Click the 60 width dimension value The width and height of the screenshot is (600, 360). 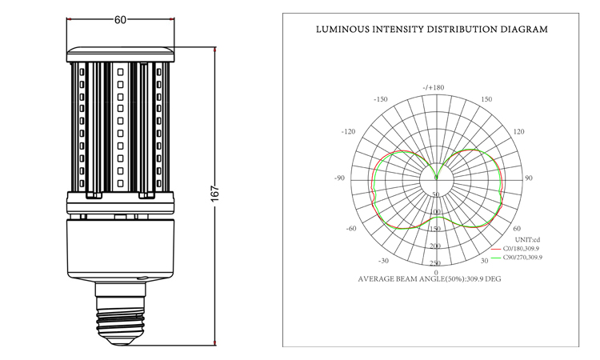click(x=120, y=19)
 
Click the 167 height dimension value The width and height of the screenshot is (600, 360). click(x=214, y=194)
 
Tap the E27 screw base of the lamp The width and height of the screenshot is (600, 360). click(x=121, y=314)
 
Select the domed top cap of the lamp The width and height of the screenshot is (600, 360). click(x=121, y=54)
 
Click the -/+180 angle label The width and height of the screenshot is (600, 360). click(x=434, y=88)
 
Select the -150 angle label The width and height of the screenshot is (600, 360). click(x=380, y=99)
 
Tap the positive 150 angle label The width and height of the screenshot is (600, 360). click(x=486, y=99)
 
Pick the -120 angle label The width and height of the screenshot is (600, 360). click(x=348, y=132)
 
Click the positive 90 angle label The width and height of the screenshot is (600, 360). click(x=529, y=178)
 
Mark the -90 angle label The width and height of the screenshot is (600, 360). click(x=339, y=178)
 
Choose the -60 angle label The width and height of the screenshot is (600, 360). click(x=351, y=228)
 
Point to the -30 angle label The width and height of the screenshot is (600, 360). click(x=383, y=261)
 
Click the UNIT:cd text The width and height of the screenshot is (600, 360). click(x=527, y=240)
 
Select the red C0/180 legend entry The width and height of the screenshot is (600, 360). click(x=515, y=249)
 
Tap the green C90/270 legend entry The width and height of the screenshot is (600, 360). click(x=517, y=258)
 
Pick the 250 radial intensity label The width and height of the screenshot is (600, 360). click(x=435, y=263)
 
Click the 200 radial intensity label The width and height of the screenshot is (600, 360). click(x=435, y=246)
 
